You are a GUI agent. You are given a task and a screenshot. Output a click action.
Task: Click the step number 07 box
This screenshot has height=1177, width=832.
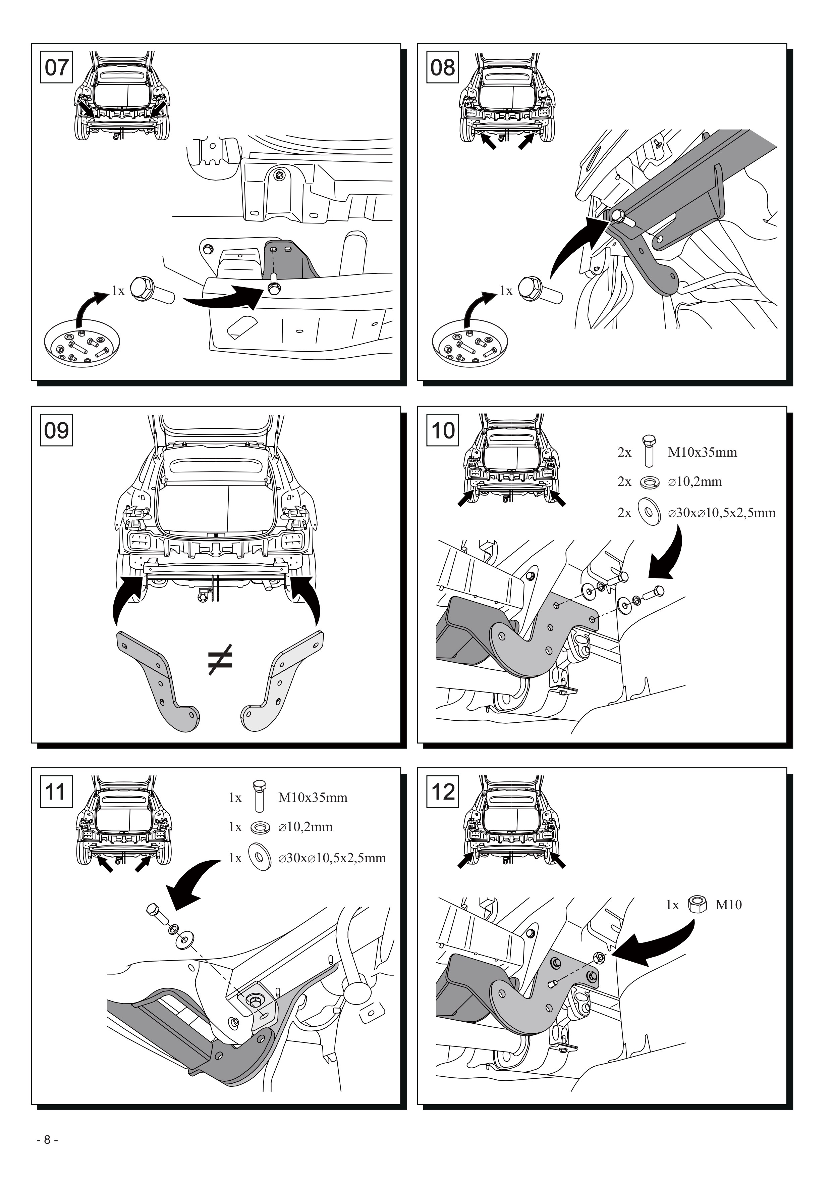tap(56, 67)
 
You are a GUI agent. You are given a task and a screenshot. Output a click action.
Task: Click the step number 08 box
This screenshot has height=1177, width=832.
tap(443, 67)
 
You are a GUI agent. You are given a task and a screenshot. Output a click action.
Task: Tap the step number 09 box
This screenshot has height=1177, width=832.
tap(56, 430)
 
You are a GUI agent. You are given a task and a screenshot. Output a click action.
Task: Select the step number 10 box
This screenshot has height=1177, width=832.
tap(443, 430)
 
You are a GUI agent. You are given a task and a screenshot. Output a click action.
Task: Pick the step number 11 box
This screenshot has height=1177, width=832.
tap(56, 791)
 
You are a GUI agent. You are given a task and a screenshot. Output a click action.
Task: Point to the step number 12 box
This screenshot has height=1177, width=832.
tap(443, 791)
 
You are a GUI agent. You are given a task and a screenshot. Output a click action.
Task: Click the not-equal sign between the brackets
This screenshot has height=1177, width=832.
tap(220, 660)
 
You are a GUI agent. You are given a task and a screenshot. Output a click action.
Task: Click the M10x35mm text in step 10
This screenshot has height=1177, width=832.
tap(702, 452)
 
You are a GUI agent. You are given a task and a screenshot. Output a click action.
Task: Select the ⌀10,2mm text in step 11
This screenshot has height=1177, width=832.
tap(306, 827)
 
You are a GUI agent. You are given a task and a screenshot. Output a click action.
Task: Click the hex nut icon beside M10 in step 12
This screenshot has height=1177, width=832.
tap(698, 904)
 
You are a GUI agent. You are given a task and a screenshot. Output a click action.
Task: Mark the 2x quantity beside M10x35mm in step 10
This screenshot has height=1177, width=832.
tap(624, 452)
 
